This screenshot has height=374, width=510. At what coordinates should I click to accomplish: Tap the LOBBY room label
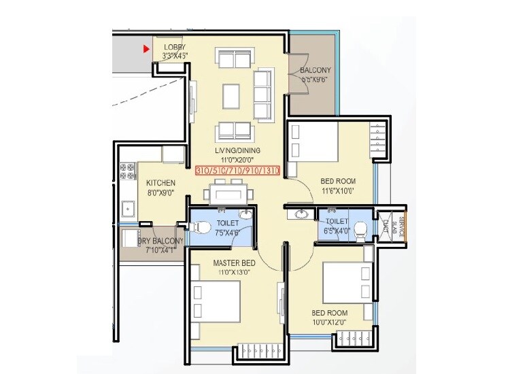[175, 47]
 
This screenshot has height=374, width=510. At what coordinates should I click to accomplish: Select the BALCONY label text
[315, 70]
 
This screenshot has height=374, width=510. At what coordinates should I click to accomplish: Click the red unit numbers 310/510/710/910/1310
[237, 170]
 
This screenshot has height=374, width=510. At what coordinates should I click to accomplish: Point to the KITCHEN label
[160, 183]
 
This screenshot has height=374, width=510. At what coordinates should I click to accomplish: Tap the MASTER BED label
[234, 262]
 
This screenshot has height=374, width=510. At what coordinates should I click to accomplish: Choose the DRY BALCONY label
[161, 241]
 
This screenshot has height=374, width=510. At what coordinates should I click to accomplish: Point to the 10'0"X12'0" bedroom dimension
[329, 322]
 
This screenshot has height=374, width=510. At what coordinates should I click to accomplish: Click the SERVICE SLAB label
[401, 225]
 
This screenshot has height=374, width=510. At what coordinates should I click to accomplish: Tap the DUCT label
[385, 225]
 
